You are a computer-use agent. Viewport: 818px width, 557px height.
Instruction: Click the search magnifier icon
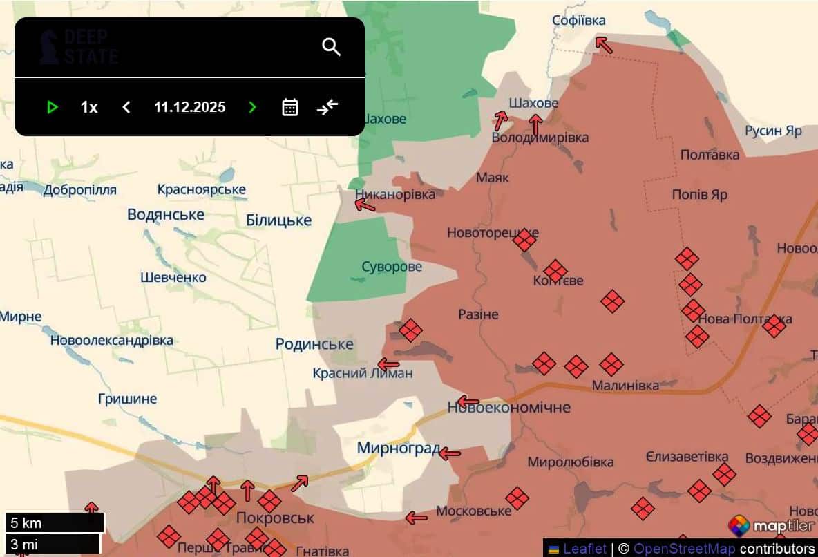[332, 47]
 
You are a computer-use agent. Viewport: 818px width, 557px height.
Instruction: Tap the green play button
[52, 107]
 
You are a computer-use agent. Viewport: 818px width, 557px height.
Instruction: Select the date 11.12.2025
[189, 107]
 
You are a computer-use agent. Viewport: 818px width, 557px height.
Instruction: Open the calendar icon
[290, 107]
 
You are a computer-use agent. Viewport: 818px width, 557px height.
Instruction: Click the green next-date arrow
[252, 107]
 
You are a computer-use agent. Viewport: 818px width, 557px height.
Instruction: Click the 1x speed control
[89, 107]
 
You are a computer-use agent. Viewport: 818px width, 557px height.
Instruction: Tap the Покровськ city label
[275, 518]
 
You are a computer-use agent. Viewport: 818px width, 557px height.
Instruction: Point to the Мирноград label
[398, 449]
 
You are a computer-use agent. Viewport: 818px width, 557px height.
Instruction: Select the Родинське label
[314, 344]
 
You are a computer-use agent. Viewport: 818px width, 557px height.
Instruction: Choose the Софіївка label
[579, 21]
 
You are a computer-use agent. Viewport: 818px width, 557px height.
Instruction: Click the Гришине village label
[127, 399]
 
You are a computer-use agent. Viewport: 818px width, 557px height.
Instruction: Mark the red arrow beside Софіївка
[604, 45]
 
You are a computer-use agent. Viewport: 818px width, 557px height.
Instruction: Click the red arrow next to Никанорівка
[365, 205]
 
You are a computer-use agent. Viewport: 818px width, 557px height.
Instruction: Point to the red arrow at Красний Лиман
[388, 364]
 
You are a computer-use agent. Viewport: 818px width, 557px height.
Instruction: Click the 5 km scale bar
[55, 522]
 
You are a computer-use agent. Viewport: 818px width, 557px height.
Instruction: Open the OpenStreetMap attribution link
[685, 549]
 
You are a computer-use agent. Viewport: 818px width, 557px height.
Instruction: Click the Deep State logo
[78, 47]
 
